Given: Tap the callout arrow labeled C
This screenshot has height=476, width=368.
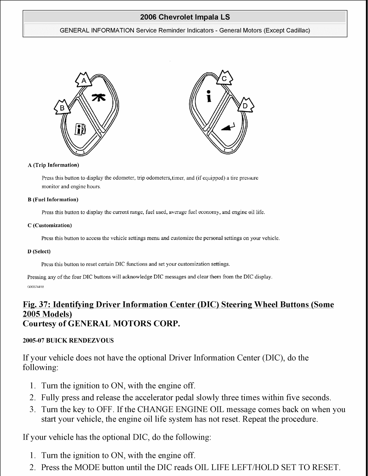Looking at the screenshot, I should tap(224, 79).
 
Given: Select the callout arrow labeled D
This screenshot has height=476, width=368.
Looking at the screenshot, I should tap(245, 106).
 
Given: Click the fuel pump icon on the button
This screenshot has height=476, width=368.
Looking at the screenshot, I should tap(81, 129).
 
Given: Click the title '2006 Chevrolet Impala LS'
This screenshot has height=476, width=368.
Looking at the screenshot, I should tap(185, 17).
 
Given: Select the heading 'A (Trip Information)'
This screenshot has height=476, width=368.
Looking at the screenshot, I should tap(53, 165).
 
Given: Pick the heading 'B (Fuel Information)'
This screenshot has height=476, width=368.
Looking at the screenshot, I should tap(53, 200).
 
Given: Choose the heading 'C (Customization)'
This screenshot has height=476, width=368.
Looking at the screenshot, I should tap(50, 226).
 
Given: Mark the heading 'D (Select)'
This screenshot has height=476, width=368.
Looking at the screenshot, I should tap(39, 251).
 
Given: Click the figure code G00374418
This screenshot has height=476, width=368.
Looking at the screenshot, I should tap(36, 287).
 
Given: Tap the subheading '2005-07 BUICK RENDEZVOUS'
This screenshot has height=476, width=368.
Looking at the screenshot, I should tap(68, 341).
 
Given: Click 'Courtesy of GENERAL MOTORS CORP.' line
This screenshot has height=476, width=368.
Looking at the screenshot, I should tap(101, 324).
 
